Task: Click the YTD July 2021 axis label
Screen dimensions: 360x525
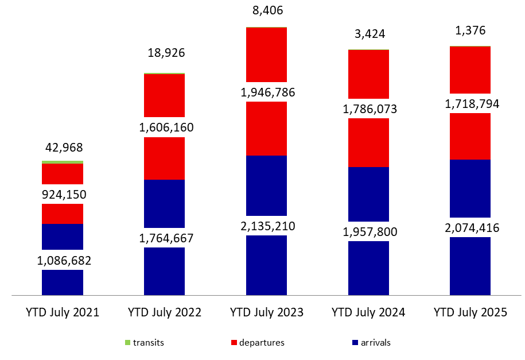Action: click(x=62, y=313)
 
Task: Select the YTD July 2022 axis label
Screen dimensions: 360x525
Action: click(x=164, y=313)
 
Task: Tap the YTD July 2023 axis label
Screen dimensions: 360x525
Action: click(x=266, y=313)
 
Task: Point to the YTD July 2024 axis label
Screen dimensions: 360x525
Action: click(x=368, y=313)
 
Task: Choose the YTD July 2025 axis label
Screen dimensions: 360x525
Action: click(x=470, y=313)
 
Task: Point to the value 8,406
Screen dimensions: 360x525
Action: click(x=266, y=10)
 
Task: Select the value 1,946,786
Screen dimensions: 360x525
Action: click(x=266, y=92)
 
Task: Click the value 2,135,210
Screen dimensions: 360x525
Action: click(x=266, y=226)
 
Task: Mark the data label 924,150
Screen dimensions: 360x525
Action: click(x=63, y=194)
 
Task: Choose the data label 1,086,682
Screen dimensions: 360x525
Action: click(x=63, y=260)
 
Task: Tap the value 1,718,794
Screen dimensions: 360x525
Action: click(x=470, y=104)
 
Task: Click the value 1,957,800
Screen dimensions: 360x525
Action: click(x=368, y=232)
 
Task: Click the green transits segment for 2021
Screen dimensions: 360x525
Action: click(x=63, y=162)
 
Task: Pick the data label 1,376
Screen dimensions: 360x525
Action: click(x=470, y=30)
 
